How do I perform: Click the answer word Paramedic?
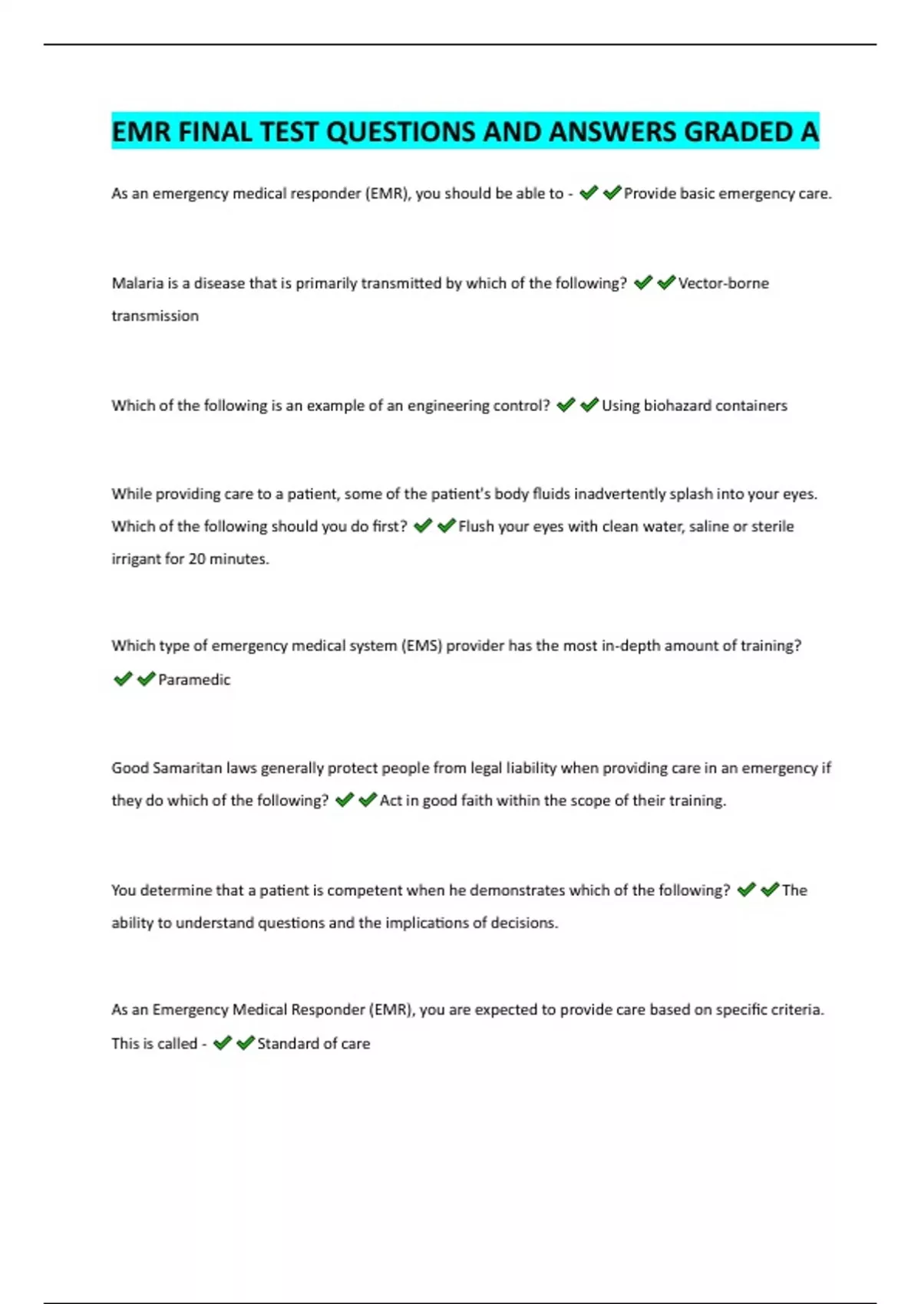[x=194, y=680]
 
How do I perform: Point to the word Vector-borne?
[x=723, y=283]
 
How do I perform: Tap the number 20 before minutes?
[x=196, y=558]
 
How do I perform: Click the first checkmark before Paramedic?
[x=123, y=679]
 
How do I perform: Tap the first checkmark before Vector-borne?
[x=643, y=282]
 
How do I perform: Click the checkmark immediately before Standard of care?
[x=246, y=1042]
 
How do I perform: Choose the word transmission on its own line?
[x=155, y=316]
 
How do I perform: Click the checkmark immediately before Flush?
[x=446, y=525]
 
